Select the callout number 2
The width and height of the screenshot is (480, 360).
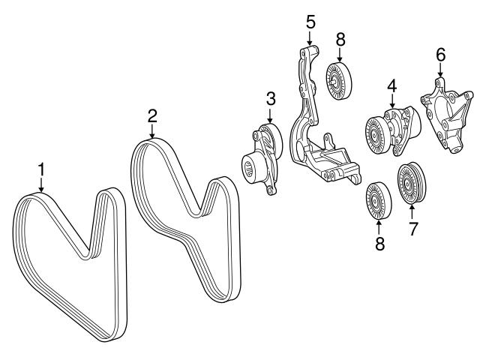152,115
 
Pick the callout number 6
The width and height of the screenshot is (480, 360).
440,55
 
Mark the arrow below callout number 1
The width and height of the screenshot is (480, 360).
42,187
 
